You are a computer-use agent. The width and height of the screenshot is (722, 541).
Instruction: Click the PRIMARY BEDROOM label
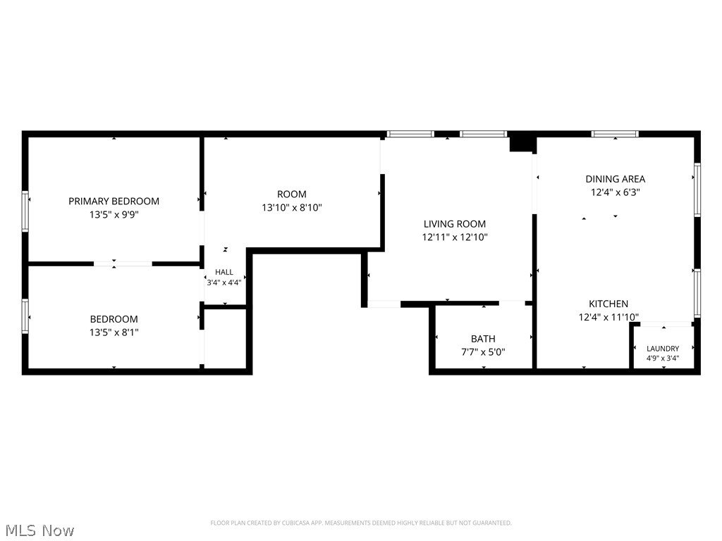coord(114,201)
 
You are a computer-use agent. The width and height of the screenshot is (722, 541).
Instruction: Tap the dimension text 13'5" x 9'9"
coord(114,214)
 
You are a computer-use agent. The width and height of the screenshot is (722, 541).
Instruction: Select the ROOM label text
coord(291,194)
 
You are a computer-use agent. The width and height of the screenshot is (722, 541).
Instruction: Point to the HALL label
coord(224,272)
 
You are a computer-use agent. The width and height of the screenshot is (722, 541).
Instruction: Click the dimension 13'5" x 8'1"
coord(114,332)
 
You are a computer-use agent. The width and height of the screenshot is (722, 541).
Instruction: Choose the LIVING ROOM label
coord(455,224)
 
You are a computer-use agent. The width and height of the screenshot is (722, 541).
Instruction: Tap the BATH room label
coord(483,339)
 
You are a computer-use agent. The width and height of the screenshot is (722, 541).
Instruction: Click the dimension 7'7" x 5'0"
coord(483,352)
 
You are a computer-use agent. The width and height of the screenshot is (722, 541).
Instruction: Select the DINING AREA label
coord(615,179)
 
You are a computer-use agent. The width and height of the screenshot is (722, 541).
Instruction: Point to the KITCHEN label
coord(608,304)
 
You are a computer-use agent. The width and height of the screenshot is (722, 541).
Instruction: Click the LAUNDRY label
coord(663,349)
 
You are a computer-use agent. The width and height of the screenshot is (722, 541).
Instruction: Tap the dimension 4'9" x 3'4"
coord(663,359)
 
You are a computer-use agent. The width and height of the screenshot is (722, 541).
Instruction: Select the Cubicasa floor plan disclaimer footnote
coord(361,523)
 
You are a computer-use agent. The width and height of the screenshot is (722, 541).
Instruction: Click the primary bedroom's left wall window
coord(25,211)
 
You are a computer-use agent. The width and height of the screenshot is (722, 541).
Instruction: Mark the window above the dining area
coord(615,134)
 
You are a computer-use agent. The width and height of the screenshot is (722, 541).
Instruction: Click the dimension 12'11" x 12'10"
coord(455,237)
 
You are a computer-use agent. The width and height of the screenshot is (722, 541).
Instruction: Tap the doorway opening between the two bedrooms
coord(123,264)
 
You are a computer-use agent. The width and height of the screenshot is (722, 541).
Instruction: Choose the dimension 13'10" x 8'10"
coord(291,208)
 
